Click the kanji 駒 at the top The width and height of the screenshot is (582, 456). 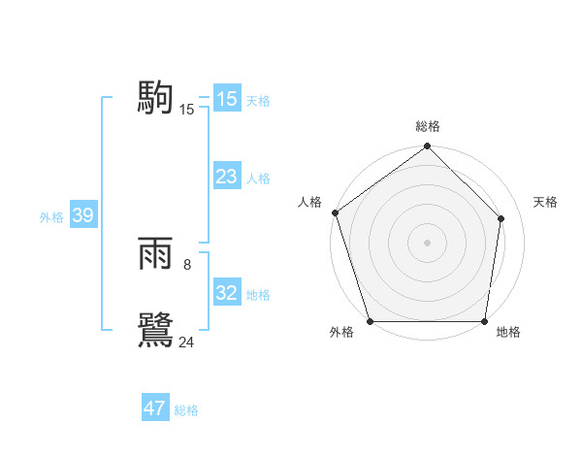(x=155, y=98)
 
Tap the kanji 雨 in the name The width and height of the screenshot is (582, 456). (x=155, y=255)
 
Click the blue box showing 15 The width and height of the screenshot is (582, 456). (x=226, y=99)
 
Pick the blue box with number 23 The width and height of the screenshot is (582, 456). (x=226, y=177)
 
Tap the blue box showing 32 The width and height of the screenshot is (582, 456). (x=226, y=294)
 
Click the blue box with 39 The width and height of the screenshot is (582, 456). (x=82, y=216)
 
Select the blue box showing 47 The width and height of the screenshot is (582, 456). (x=155, y=408)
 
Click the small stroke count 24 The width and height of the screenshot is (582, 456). (x=187, y=342)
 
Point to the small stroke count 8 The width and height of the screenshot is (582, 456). (x=187, y=263)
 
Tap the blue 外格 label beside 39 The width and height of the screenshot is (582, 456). (x=51, y=217)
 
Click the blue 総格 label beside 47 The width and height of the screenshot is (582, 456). (x=186, y=410)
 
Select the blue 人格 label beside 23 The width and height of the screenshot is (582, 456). (x=258, y=179)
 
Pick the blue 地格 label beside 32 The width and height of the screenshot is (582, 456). (x=258, y=295)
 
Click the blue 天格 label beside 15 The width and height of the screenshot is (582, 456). (x=258, y=100)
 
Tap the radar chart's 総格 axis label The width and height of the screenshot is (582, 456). (x=428, y=126)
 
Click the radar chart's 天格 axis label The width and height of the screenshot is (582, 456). (x=545, y=202)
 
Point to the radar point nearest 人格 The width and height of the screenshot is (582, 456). (x=335, y=212)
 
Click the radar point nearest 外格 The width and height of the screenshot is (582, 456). (x=370, y=321)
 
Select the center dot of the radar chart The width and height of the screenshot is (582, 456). (x=427, y=242)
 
